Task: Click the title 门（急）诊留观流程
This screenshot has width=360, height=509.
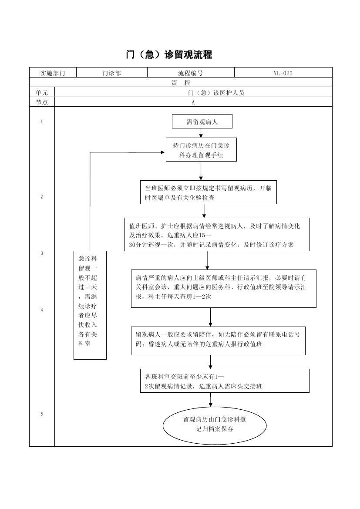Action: coord(169,55)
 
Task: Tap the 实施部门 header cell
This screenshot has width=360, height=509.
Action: coord(53,73)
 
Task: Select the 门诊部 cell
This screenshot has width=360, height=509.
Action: coord(112,73)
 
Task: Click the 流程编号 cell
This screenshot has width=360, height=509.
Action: coord(190,73)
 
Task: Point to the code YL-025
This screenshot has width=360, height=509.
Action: coord(283,73)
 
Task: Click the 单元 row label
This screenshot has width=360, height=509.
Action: coord(42,92)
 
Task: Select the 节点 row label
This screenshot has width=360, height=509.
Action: coord(42,102)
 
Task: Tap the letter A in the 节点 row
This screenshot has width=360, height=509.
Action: coord(193,102)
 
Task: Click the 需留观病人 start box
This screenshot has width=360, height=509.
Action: coord(202,122)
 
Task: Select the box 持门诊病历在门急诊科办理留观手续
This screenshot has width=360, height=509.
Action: coord(201,150)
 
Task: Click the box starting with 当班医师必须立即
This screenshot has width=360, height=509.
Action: coord(208,192)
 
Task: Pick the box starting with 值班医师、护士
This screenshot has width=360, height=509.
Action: coord(217,235)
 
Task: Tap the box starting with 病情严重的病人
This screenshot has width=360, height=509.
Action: coord(223,288)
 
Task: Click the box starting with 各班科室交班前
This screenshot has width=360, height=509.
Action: coord(225,381)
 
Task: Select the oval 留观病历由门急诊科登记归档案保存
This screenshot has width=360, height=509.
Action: coord(214,425)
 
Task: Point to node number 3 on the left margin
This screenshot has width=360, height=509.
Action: coord(42,253)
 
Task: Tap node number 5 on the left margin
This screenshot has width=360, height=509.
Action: coord(42,414)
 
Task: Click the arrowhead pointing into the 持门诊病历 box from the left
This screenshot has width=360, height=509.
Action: coord(163,152)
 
